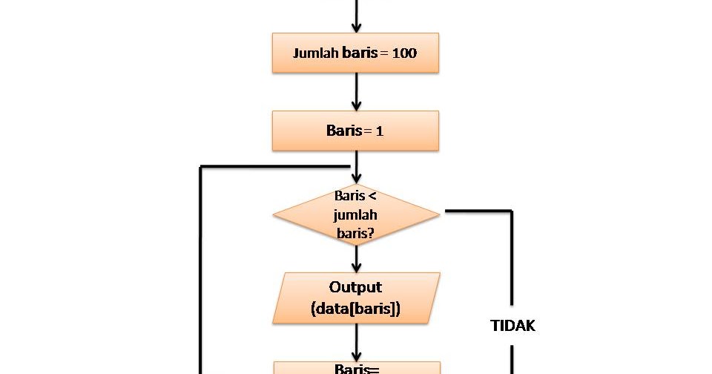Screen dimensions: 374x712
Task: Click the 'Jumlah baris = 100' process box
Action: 355,53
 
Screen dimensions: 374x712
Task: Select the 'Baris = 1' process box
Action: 355,131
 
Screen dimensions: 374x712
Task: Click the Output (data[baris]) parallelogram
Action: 356,298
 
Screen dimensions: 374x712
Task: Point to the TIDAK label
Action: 513,325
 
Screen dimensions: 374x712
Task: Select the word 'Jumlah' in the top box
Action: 315,53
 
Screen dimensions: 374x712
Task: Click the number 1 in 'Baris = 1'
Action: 379,131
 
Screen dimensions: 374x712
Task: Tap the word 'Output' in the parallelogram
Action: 356,287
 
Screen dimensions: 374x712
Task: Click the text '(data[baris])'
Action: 356,309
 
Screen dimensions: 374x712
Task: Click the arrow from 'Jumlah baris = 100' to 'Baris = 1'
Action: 357,92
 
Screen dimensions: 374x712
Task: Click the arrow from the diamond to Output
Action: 357,259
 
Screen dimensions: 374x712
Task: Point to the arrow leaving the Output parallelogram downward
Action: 357,342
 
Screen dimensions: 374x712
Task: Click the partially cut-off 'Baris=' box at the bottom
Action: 357,367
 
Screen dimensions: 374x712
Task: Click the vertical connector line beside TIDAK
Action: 512,260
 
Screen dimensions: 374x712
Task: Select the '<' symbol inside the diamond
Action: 373,197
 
